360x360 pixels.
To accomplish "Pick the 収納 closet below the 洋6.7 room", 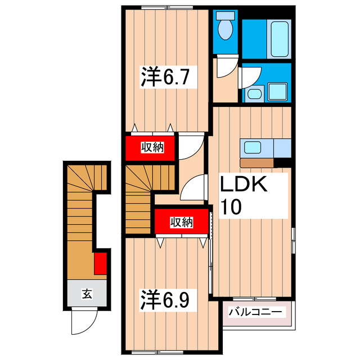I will (151, 147).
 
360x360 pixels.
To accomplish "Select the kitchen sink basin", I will (251, 147).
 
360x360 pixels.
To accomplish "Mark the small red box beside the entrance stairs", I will (100, 263).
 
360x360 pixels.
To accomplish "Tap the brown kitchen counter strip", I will (256, 163).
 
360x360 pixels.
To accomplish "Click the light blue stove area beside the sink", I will (281, 148).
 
